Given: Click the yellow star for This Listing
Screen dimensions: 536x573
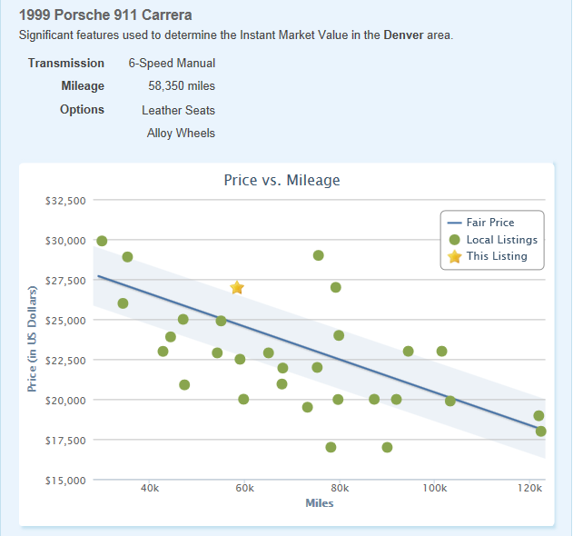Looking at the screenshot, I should [237, 287].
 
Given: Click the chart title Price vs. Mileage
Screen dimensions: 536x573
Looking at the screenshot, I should [282, 180].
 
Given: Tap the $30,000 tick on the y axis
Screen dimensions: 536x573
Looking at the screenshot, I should [65, 241].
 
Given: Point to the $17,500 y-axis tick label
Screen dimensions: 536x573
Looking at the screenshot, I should [65, 441].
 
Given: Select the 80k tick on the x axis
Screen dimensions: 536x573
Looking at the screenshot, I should [340, 489].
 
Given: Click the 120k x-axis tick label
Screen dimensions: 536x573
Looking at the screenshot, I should [529, 489].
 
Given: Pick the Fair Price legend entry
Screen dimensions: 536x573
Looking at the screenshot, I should [489, 223].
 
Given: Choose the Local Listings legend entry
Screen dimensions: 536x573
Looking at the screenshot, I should [501, 240].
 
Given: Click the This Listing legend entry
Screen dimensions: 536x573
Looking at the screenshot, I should [496, 256].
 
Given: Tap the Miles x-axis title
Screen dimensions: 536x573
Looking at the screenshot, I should [320, 503].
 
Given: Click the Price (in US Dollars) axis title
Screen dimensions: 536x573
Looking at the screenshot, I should [32, 338].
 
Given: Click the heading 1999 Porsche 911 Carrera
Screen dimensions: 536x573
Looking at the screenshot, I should [105, 15].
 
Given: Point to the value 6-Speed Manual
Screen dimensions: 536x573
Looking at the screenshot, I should [172, 64].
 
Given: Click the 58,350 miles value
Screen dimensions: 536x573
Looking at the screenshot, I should [181, 86].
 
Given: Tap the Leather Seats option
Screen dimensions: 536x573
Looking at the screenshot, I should [178, 110].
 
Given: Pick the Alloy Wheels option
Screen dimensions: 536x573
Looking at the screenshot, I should [181, 133].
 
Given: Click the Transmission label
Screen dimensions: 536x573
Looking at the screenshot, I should [66, 64].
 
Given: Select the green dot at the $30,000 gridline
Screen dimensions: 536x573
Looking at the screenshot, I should [102, 241].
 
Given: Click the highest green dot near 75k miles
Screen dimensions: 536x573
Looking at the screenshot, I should [319, 255].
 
